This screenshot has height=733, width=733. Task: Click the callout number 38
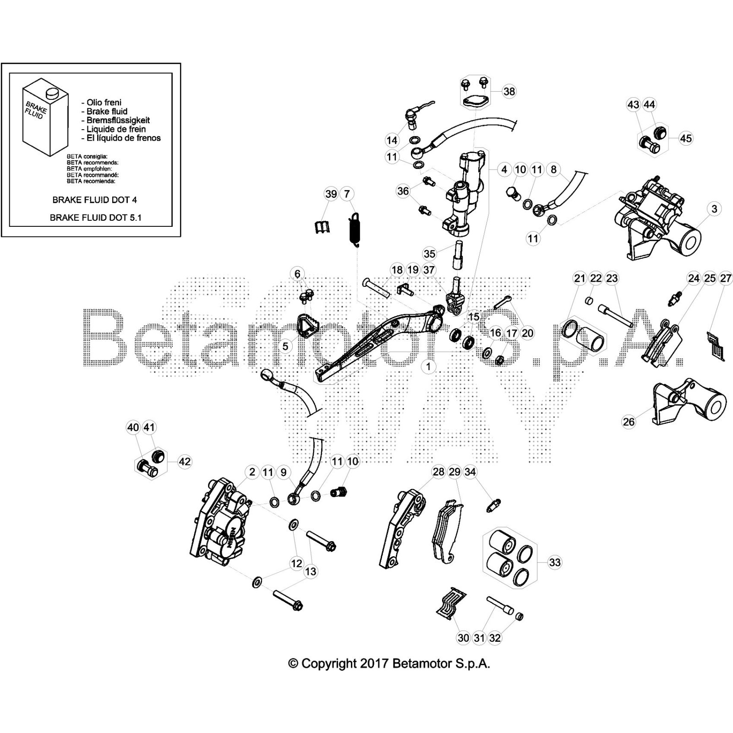pyautogui.click(x=509, y=91)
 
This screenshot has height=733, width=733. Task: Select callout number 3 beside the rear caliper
pyautogui.click(x=714, y=209)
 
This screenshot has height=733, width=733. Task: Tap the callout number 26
pyautogui.click(x=629, y=421)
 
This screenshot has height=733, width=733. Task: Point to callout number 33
pyautogui.click(x=554, y=562)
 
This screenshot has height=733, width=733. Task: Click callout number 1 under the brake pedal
pyautogui.click(x=428, y=366)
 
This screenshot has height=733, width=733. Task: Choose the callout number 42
pyautogui.click(x=184, y=461)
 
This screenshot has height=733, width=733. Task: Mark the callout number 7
pyautogui.click(x=347, y=194)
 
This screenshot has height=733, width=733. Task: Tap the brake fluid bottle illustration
pyautogui.click(x=45, y=118)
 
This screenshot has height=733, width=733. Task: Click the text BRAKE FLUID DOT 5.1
pyautogui.click(x=95, y=218)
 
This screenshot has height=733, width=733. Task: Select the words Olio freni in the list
pyautogui.click(x=104, y=103)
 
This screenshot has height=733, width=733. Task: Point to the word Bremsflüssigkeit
pyautogui.click(x=118, y=120)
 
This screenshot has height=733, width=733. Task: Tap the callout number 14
pyautogui.click(x=392, y=140)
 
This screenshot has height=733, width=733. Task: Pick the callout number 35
pyautogui.click(x=429, y=253)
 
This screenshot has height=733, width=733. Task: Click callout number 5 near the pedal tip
pyautogui.click(x=285, y=346)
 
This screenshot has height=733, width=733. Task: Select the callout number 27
pyautogui.click(x=726, y=278)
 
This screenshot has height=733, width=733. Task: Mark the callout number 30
pyautogui.click(x=463, y=638)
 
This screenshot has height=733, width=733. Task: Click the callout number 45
pyautogui.click(x=685, y=138)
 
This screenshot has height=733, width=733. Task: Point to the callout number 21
pyautogui.click(x=580, y=278)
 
